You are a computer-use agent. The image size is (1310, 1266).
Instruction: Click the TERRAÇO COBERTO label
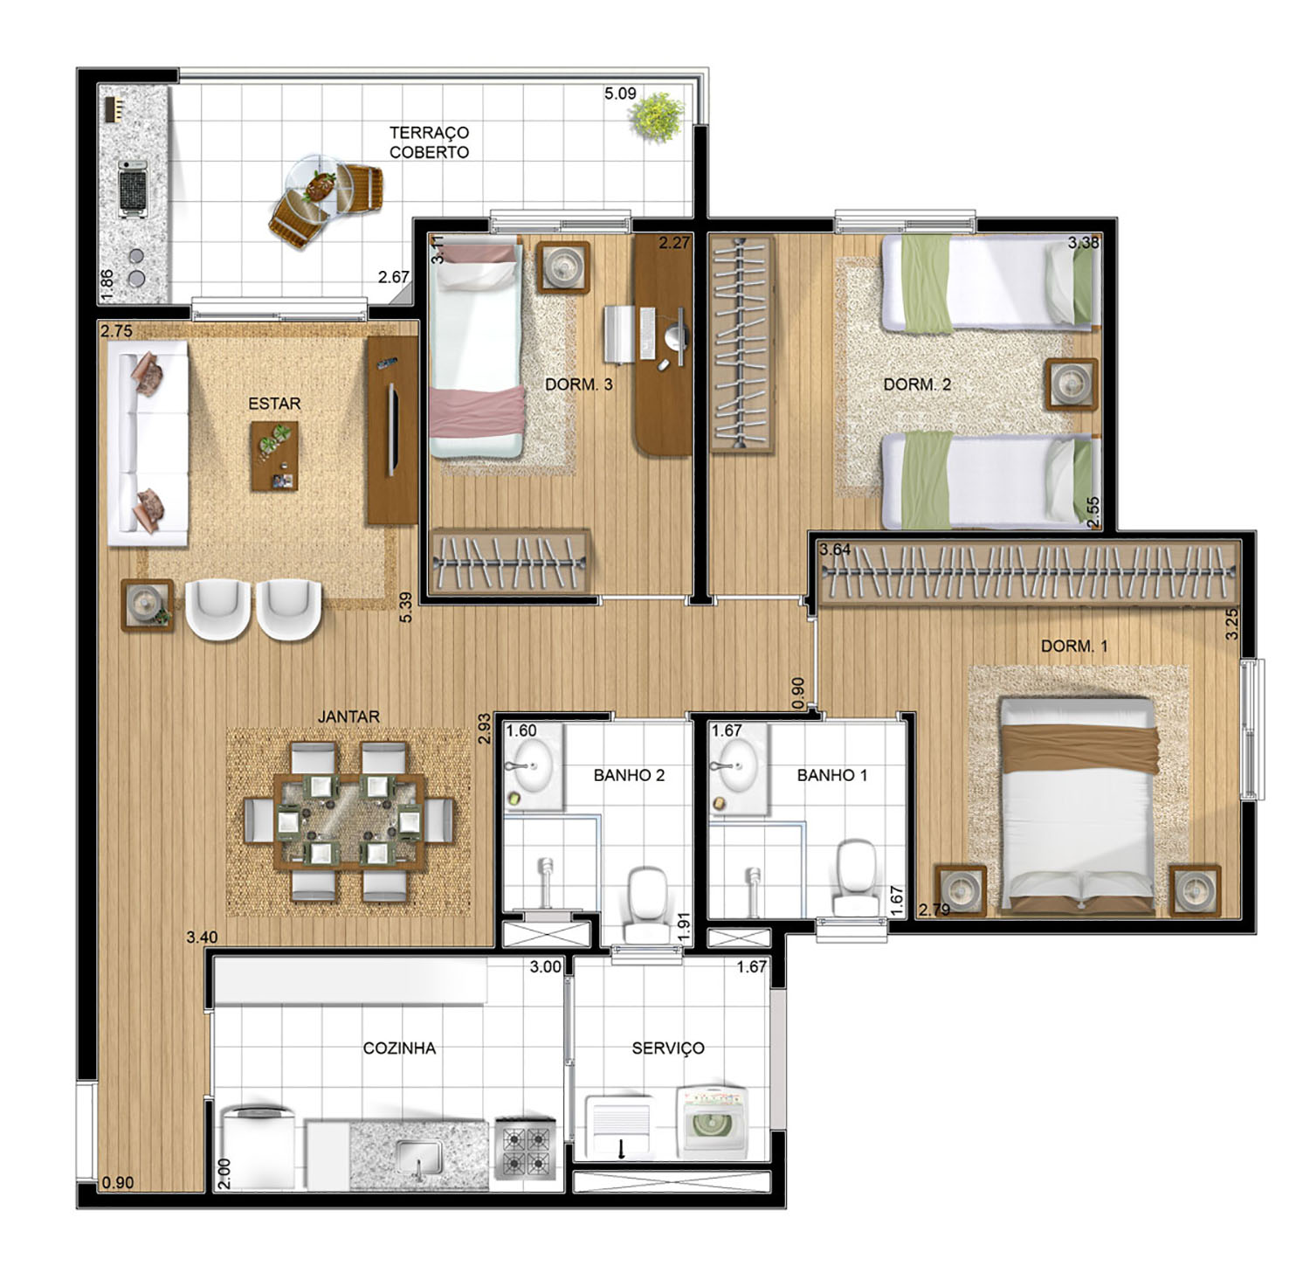pyautogui.click(x=429, y=142)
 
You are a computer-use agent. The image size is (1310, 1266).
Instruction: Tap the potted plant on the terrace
pyautogui.click(x=658, y=118)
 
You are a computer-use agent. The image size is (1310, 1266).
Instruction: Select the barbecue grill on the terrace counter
pyautogui.click(x=134, y=189)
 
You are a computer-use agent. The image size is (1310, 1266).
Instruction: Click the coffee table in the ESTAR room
pyautogui.click(x=274, y=456)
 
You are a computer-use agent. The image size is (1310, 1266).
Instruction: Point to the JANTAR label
pyautogui.click(x=348, y=716)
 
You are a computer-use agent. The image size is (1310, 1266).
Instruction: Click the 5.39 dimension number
pyautogui.click(x=404, y=606)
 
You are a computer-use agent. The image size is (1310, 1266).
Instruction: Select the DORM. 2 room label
pyautogui.click(x=917, y=384)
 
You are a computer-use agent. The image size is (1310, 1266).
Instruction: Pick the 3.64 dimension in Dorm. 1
pyautogui.click(x=834, y=550)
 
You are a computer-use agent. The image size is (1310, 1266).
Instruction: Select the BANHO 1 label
pyautogui.click(x=831, y=775)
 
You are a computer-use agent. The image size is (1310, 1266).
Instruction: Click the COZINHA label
pyautogui.click(x=399, y=1048)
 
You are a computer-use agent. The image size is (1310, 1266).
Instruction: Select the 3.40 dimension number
pyautogui.click(x=202, y=937)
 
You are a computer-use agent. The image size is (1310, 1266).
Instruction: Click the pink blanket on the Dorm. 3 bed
pyautogui.click(x=476, y=412)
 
